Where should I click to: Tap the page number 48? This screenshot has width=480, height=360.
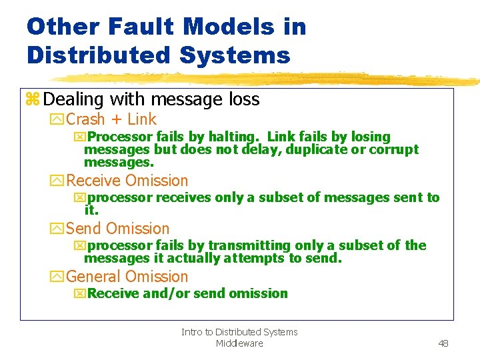tap(443, 343)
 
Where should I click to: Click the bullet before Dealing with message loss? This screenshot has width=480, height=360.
tap(32, 100)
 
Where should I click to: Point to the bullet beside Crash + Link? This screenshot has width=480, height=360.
tap(57, 120)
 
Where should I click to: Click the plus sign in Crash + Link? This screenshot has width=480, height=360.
tap(116, 120)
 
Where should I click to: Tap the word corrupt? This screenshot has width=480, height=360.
tap(394, 149)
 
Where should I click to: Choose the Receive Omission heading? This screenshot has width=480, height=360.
tap(127, 181)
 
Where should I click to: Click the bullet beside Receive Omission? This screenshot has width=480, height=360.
tap(57, 181)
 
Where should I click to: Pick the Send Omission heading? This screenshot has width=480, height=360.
tap(118, 229)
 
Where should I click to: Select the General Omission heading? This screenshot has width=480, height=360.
tap(127, 277)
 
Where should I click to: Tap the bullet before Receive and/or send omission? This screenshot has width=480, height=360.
tap(80, 294)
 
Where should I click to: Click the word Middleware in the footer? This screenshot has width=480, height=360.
tap(239, 343)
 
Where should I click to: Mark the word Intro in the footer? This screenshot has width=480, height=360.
tap(191, 332)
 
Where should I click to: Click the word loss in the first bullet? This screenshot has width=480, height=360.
tap(243, 100)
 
